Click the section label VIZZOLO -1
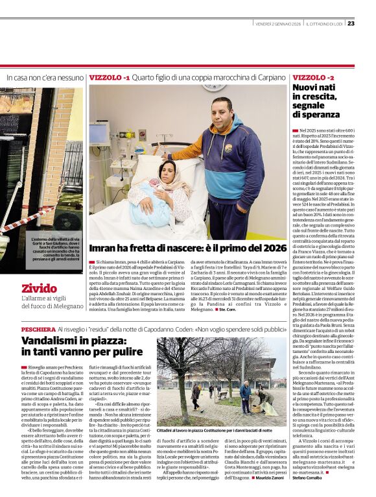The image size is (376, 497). [x=110, y=77]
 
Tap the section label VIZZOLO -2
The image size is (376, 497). [x=314, y=77]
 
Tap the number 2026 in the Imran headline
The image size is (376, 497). [x=273, y=248]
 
